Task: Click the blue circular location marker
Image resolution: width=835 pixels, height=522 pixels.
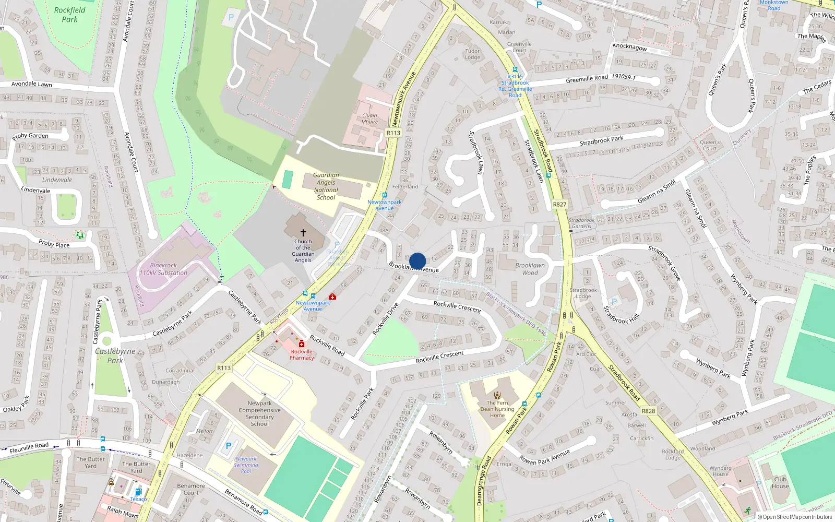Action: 417,261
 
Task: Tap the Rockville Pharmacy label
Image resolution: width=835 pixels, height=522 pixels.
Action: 302,354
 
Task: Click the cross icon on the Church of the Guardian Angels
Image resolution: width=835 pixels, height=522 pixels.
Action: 303,232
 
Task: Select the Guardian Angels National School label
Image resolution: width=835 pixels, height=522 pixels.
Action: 326,186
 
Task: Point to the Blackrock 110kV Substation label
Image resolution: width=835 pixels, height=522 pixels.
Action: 163,269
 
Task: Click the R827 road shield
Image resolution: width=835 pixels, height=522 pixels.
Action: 559,205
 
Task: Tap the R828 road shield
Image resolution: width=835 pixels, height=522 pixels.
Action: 648,411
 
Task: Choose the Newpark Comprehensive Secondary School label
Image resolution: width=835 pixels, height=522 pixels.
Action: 259,413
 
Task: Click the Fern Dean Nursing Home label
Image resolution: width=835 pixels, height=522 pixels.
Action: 497,409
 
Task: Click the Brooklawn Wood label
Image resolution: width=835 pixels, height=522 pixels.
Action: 530,269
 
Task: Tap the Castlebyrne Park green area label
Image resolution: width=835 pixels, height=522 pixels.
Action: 115,355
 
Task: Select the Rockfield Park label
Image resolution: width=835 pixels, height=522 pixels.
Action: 69,15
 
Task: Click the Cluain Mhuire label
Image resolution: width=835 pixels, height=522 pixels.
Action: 369,118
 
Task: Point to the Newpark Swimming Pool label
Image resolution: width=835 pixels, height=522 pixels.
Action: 246,465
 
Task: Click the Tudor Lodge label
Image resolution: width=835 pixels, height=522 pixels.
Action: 472,54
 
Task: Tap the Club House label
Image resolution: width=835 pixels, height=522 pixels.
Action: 780,482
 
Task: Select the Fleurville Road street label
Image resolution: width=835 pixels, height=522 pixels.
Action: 29,447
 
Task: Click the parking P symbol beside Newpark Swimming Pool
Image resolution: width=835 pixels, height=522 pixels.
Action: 228,446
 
